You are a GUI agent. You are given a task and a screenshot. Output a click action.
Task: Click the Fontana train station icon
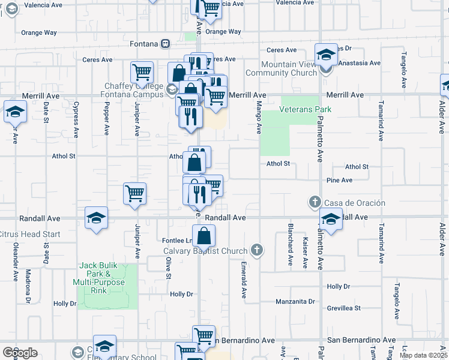(x=164, y=44)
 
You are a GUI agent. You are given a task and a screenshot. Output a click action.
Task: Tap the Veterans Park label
(x=306, y=110)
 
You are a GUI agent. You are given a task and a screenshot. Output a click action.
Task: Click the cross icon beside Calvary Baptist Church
(x=257, y=250)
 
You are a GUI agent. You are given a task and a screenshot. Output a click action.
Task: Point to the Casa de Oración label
(x=355, y=203)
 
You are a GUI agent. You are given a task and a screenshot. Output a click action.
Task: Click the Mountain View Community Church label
(x=289, y=68)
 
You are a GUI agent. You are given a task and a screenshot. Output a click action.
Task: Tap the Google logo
(x=20, y=353)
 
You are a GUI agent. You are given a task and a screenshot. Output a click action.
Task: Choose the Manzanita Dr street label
(x=295, y=301)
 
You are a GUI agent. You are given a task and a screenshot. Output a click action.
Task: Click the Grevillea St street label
(x=343, y=308)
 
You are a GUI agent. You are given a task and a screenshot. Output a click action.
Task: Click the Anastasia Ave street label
(x=359, y=62)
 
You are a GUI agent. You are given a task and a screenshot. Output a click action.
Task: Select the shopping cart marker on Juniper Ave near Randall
(x=135, y=194)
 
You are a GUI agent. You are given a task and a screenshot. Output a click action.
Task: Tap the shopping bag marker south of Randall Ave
(x=204, y=235)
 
